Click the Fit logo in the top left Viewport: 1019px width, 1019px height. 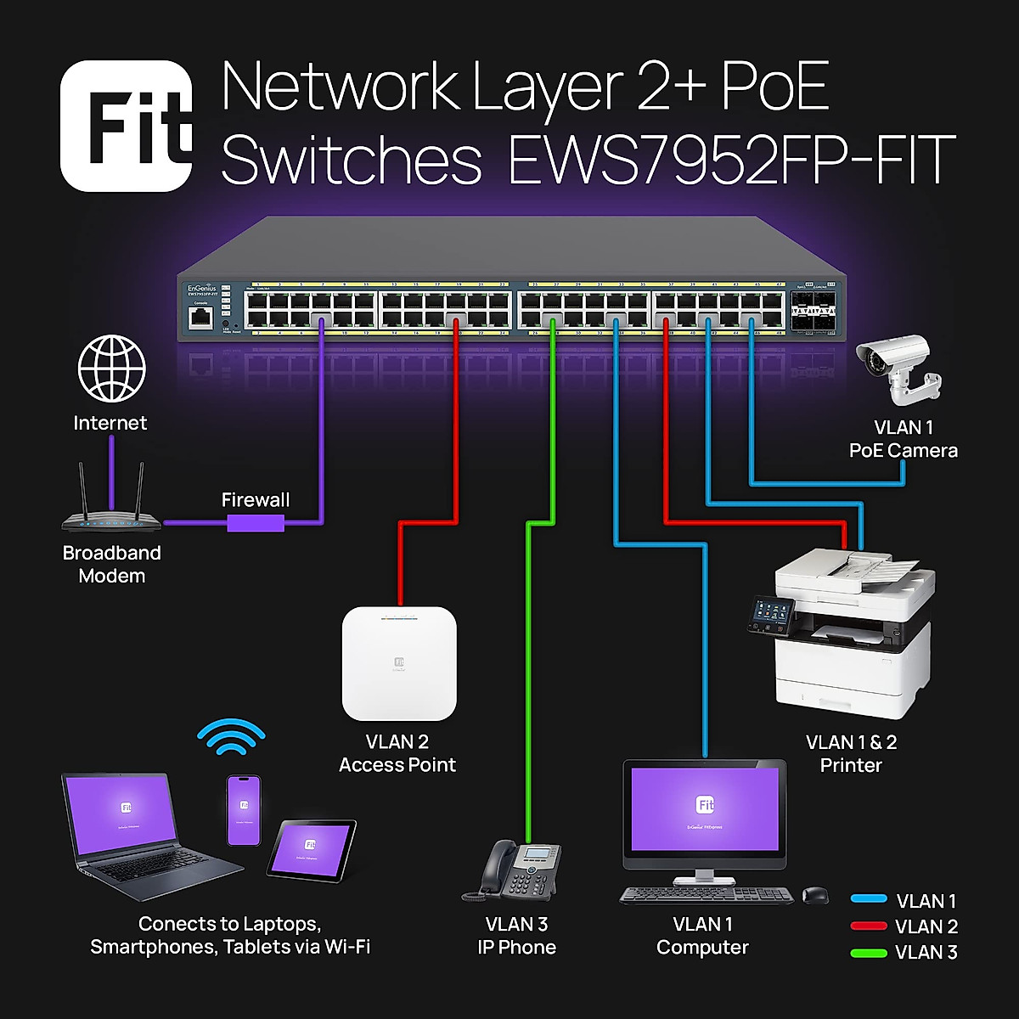127,126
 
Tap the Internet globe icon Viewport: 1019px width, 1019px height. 111,369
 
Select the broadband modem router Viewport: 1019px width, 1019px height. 110,509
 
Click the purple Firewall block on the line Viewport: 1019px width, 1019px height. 255,522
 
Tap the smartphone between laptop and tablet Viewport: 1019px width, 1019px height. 244,809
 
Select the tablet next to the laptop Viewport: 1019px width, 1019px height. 311,849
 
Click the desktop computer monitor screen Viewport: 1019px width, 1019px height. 705,808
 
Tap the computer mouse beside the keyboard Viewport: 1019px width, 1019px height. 815,894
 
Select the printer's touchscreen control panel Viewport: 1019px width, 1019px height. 770,614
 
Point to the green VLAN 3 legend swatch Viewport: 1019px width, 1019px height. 869,953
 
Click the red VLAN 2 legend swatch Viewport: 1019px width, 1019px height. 869,926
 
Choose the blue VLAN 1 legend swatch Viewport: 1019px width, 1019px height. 869,899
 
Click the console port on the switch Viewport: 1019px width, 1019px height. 201,318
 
